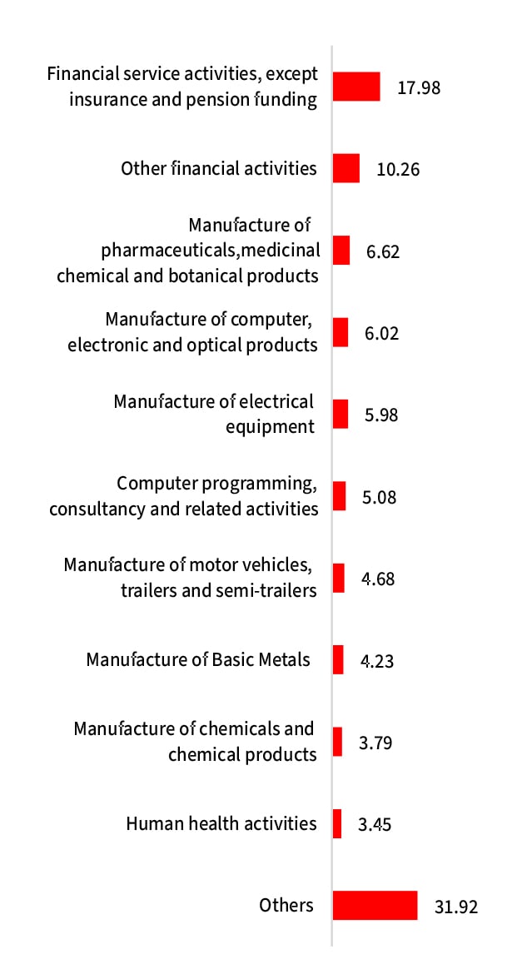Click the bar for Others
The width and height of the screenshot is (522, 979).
(x=375, y=906)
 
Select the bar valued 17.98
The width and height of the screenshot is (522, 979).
(x=356, y=87)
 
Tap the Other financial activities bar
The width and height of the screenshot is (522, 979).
(x=346, y=168)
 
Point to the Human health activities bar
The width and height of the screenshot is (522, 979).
(x=337, y=823)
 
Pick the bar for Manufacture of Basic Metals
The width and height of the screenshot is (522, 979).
(x=338, y=659)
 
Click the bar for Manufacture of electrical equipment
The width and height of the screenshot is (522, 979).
(x=341, y=414)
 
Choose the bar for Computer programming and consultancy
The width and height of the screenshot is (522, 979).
(x=339, y=496)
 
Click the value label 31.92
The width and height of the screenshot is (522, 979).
(x=456, y=907)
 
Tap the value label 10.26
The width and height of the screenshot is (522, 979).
(x=398, y=169)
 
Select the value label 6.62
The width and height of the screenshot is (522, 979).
(x=383, y=251)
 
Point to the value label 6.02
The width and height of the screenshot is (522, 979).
(x=382, y=333)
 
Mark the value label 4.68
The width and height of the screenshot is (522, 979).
(x=378, y=579)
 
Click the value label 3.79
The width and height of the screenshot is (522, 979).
(x=375, y=742)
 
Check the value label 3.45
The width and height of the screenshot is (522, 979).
(x=375, y=824)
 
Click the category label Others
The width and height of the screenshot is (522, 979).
(x=286, y=905)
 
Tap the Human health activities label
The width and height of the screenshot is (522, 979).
(x=221, y=823)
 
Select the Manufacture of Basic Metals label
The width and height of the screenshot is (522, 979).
(x=198, y=659)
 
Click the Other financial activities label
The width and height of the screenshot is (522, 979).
(x=219, y=168)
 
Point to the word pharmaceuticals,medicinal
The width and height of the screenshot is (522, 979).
(x=211, y=250)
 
